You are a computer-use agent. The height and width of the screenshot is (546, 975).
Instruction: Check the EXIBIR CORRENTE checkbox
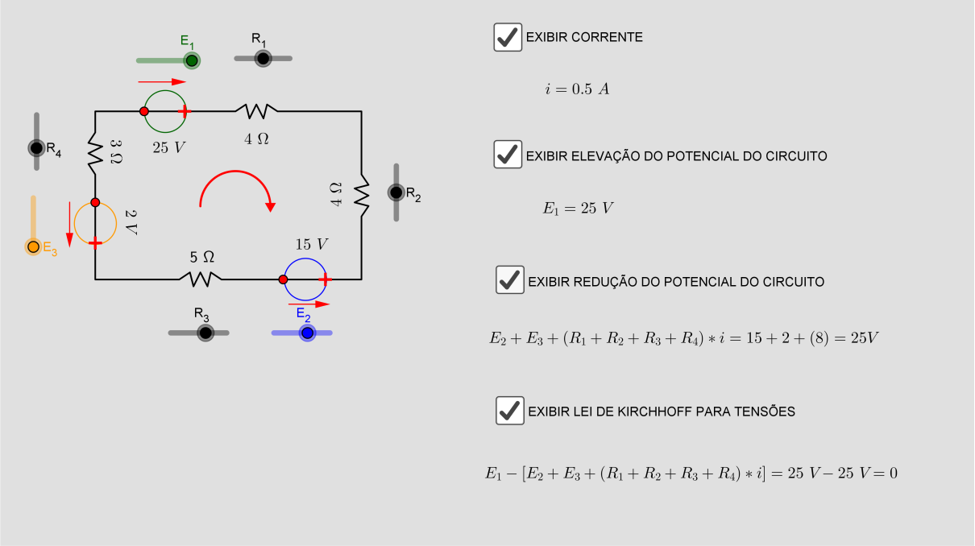(x=508, y=37)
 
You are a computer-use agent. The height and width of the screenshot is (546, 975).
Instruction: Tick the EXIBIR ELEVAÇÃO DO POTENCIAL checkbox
(x=508, y=155)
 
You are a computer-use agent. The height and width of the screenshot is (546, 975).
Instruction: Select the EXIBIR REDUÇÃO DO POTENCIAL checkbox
(x=510, y=279)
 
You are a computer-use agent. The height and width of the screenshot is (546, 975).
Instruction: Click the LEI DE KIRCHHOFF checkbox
(x=510, y=410)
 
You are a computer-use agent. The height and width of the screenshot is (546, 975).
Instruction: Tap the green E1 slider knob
(x=192, y=60)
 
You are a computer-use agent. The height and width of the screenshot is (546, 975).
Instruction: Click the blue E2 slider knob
(x=307, y=333)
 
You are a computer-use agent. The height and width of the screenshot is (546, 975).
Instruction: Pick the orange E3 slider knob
(x=33, y=247)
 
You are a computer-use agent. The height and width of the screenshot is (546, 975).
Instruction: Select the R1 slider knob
(x=263, y=58)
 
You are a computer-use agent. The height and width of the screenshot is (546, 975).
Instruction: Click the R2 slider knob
(x=396, y=192)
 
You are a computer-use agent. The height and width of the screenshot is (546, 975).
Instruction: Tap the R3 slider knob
(x=205, y=333)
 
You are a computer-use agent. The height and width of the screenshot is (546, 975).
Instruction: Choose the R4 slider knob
(x=36, y=148)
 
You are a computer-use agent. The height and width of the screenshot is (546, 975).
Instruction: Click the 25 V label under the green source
(x=169, y=148)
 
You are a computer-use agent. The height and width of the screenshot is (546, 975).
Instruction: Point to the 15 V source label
(x=312, y=245)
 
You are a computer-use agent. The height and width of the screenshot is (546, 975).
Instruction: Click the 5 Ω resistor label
(x=202, y=257)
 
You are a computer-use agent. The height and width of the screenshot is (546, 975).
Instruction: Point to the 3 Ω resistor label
(x=116, y=152)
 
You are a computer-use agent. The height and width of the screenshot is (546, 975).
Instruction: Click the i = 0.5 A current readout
(x=577, y=89)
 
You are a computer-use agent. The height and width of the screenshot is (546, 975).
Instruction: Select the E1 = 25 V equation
(x=578, y=209)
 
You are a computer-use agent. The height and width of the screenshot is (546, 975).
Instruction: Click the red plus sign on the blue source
(x=326, y=279)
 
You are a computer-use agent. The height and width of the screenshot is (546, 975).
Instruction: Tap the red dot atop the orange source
(x=95, y=203)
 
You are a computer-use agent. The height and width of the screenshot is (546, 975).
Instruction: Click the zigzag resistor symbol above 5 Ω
(x=201, y=279)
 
